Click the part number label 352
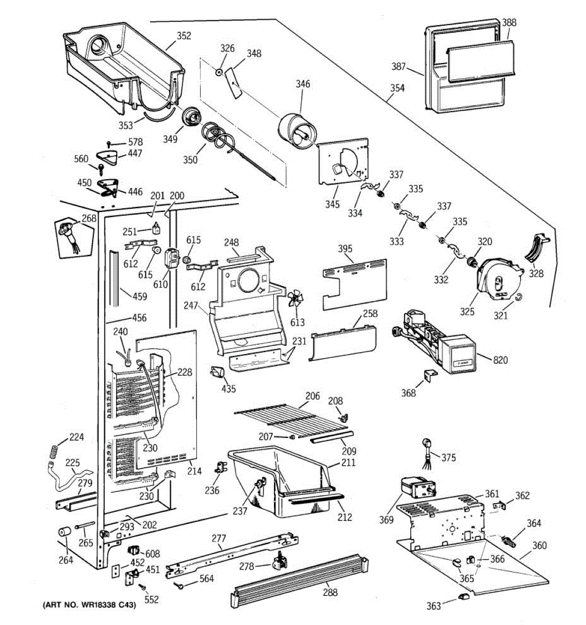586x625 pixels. [x=183, y=36]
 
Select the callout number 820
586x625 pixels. [x=501, y=360]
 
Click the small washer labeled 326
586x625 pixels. [x=220, y=70]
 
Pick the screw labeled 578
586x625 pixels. [x=109, y=143]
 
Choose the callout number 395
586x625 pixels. [x=345, y=248]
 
